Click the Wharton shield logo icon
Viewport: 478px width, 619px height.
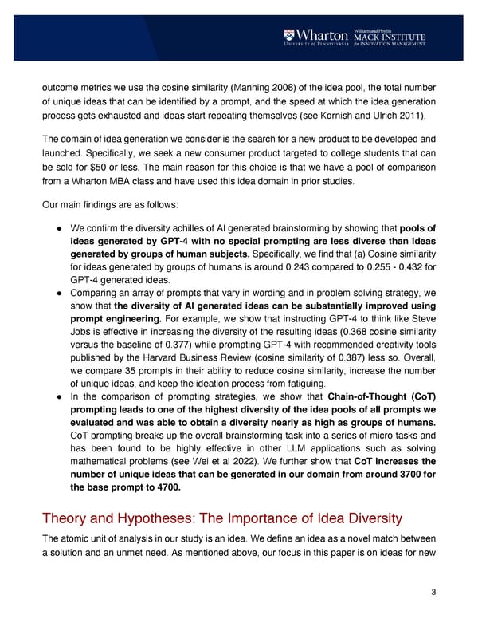click(x=290, y=37)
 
